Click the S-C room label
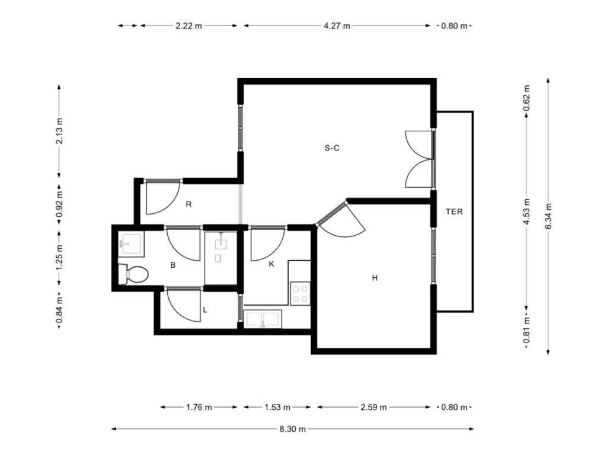pos(332,148)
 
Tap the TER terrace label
pos(454,212)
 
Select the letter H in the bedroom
pos(375,278)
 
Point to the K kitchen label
pos(271,264)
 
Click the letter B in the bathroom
pos(173,265)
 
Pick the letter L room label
pos(205,310)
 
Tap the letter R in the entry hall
pos(189,204)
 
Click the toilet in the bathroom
pos(133,274)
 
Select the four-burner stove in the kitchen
pos(301,294)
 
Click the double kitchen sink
pos(263,319)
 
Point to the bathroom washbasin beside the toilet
pos(131,244)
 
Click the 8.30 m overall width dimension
pos(293,429)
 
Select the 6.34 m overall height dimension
pos(548,216)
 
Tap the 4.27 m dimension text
pos(337,26)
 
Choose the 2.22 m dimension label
pos(189,26)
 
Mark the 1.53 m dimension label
pos(277,407)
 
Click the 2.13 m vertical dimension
pos(59,130)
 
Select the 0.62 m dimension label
pos(526,98)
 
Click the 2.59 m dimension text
pos(373,407)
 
